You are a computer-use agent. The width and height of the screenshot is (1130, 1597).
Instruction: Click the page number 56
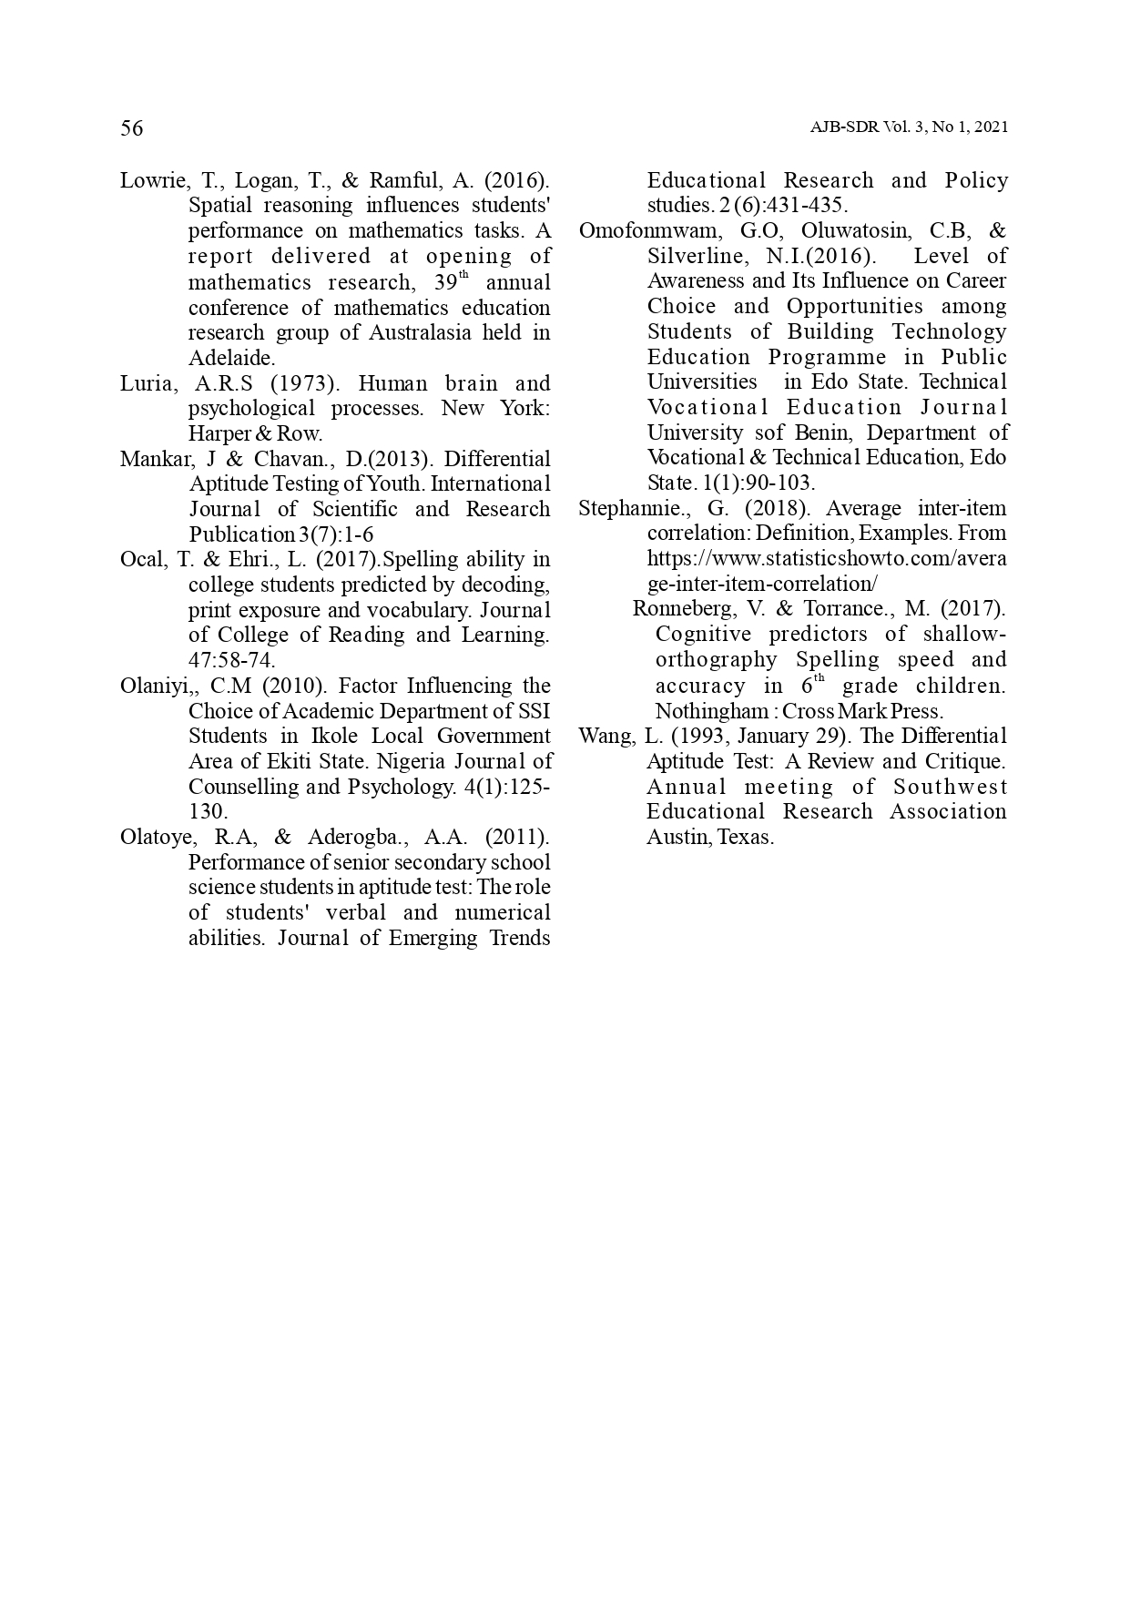(132, 128)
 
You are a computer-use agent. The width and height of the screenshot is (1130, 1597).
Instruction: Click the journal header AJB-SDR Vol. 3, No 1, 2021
(909, 128)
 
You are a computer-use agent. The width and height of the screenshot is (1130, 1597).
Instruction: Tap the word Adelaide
(230, 358)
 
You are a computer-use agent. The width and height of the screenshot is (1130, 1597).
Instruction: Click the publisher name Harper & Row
(255, 434)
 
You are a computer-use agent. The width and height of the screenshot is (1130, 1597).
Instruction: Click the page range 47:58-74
(231, 660)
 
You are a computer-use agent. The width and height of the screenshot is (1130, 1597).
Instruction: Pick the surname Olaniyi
(150, 686)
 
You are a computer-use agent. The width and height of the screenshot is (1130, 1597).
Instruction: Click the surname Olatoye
(154, 837)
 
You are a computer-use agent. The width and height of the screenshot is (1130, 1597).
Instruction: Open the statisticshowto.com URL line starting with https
(826, 558)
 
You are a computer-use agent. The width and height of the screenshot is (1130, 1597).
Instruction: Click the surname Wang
(602, 736)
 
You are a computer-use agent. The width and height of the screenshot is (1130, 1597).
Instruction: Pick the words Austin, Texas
(709, 837)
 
